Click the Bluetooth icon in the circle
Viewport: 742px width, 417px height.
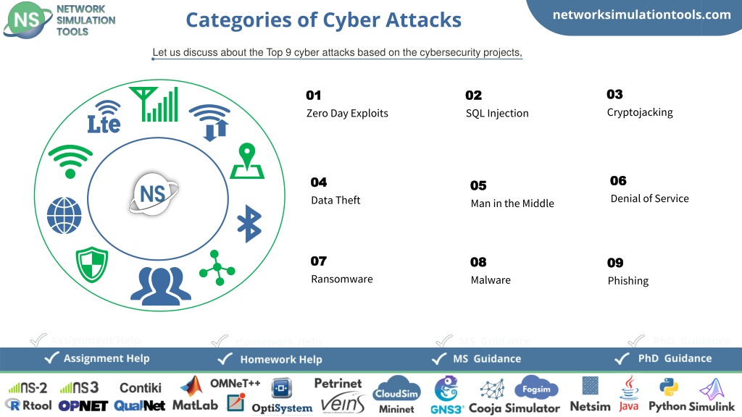pyautogui.click(x=249, y=224)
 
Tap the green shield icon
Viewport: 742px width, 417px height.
pyautogui.click(x=92, y=264)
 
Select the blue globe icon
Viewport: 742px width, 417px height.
pyautogui.click(x=64, y=216)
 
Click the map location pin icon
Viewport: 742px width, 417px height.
pyautogui.click(x=247, y=161)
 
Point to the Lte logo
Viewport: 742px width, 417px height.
pyautogui.click(x=104, y=117)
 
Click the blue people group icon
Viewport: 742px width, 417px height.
pyautogui.click(x=161, y=285)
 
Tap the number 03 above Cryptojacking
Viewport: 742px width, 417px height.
pyautogui.click(x=614, y=94)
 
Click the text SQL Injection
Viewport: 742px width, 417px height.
pyautogui.click(x=497, y=114)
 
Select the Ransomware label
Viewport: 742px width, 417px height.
pyautogui.click(x=342, y=279)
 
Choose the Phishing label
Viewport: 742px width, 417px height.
pyautogui.click(x=628, y=281)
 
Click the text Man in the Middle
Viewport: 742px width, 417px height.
pyautogui.click(x=512, y=203)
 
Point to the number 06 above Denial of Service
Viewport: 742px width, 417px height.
pyautogui.click(x=618, y=180)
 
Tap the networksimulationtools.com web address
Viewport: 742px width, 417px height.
pyautogui.click(x=642, y=14)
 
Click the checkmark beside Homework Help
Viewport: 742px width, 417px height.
pyautogui.click(x=225, y=359)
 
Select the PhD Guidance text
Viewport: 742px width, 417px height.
pyautogui.click(x=675, y=358)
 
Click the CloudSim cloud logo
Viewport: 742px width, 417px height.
pyautogui.click(x=396, y=389)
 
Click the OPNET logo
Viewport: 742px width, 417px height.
pyautogui.click(x=83, y=405)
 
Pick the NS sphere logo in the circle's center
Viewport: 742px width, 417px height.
pyautogui.click(x=154, y=193)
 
